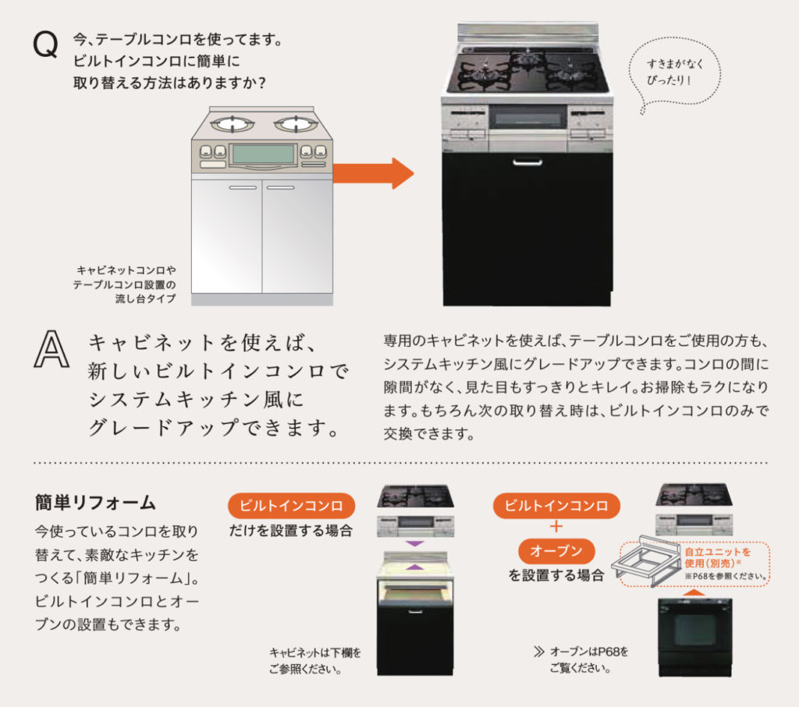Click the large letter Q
[x=45, y=44]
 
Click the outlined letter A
[x=51, y=349]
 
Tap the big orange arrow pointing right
[x=373, y=173]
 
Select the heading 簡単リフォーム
[x=95, y=502]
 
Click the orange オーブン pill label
[x=556, y=551]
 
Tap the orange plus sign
[x=556, y=526]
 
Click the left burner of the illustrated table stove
[x=233, y=124]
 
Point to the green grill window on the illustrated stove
[x=263, y=154]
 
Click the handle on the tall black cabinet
[x=527, y=163]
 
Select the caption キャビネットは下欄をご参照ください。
[x=315, y=661]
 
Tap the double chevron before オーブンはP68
[x=538, y=652]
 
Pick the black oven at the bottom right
[x=695, y=638]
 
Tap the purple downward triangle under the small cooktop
[x=415, y=543]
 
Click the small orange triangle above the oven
[x=694, y=592]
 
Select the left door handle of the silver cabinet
[x=243, y=187]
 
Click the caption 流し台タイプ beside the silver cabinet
[x=145, y=299]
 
